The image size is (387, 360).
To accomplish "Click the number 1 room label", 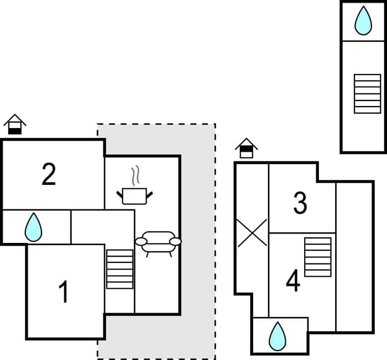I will [64, 292].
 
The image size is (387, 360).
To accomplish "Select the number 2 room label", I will [49, 174].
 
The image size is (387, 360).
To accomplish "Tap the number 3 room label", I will [300, 203].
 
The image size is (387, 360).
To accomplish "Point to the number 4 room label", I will [292, 282].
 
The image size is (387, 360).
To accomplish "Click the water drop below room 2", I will [34, 227].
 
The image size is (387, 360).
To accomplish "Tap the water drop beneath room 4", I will [277, 336].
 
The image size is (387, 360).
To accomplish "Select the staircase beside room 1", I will [120, 269].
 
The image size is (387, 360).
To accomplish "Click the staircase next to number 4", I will [318, 257].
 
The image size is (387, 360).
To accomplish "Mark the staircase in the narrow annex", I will [367, 93].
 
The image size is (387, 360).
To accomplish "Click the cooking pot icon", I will [134, 195].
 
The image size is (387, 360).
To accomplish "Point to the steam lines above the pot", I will [134, 177].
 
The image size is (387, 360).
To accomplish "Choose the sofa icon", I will [158, 242].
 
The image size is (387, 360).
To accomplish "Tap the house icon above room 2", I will [15, 125].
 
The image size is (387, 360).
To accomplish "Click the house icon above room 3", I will [246, 148].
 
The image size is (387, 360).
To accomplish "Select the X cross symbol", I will [252, 232].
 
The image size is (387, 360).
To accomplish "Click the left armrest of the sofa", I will [142, 242].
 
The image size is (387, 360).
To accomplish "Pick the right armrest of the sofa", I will [175, 242].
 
